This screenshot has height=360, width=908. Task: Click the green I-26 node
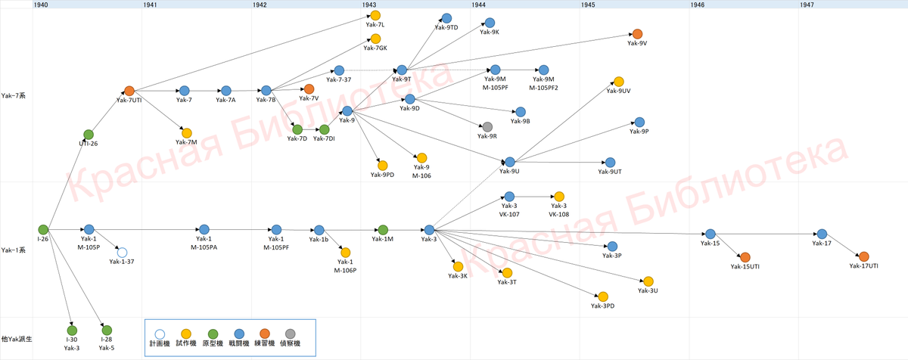point(43,229)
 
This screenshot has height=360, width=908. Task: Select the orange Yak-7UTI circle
point(129,91)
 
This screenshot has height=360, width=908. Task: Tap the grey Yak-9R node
point(487,126)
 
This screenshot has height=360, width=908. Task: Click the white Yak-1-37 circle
point(122,253)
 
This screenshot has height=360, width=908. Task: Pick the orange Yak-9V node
point(637,34)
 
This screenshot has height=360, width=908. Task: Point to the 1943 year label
point(369,5)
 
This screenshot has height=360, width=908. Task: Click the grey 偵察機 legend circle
point(291,333)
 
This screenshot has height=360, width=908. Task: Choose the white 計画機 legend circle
point(160,333)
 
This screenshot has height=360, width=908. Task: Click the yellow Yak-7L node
point(375,15)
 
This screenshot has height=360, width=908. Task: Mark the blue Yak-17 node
point(822,234)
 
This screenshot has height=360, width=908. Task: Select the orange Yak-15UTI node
point(745,257)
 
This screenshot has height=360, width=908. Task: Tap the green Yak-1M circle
point(383,230)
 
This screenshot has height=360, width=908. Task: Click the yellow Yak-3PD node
point(602,296)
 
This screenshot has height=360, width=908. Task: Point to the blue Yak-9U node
point(510,162)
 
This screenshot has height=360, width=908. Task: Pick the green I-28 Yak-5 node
point(107,330)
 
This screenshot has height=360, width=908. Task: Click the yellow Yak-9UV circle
point(618,82)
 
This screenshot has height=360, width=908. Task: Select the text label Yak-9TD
point(446,28)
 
